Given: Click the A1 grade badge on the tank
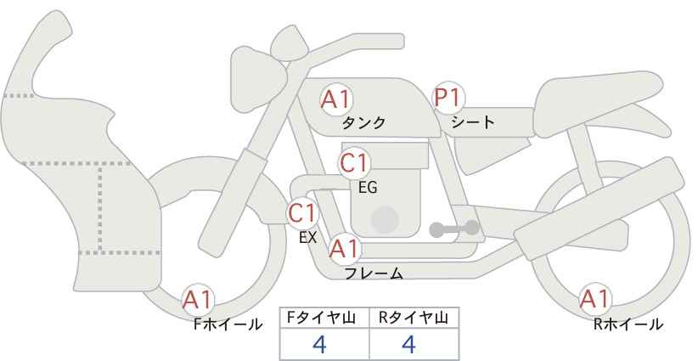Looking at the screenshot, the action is point(336,99).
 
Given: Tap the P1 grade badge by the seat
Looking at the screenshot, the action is point(448,98).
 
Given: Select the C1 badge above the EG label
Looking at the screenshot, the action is point(354,163).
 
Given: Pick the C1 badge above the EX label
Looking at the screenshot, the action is point(302,213).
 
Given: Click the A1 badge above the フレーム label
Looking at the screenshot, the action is point(344,249).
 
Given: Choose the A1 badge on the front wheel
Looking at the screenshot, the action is point(198,300).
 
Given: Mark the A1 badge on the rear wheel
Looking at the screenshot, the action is point(594,299).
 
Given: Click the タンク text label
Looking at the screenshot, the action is point(363,122).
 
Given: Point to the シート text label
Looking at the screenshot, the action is point(473,121).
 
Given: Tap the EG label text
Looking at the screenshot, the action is point(368,188).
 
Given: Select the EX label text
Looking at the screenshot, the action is point(307,237).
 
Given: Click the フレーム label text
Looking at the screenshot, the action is point(374,273).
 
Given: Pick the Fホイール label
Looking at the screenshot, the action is point(228,324).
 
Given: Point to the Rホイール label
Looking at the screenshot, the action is point(628,324).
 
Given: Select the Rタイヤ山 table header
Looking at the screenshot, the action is point(414,318).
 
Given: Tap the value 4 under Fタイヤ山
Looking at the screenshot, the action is point(320,344).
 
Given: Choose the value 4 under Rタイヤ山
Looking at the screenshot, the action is point(408,344).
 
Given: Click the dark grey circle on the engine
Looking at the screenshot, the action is point(385,220).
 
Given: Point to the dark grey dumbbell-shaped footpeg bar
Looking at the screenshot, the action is point(454,228).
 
